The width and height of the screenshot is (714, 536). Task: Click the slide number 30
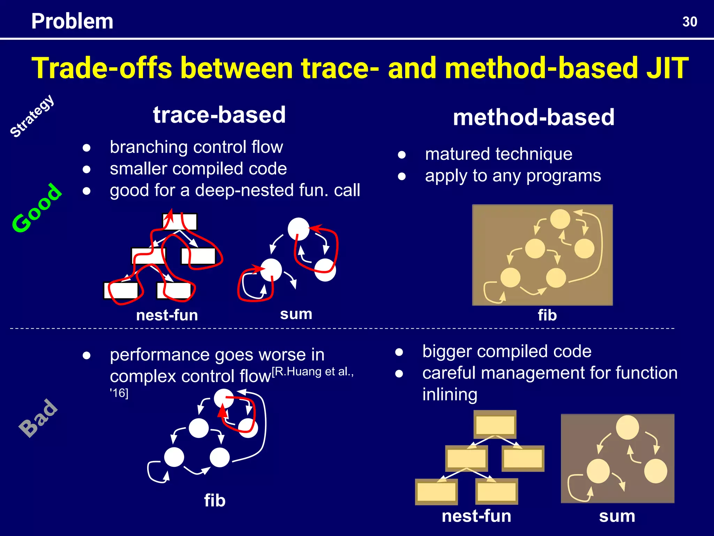690,22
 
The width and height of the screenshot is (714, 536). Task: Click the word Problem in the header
72,21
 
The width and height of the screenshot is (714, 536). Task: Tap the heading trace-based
219,115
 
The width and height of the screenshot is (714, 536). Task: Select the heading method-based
533,117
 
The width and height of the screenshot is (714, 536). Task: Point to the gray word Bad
39,418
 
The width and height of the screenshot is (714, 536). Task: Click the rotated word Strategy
32,116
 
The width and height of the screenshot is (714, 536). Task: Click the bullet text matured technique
499,154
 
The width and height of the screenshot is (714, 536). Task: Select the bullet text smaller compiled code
198,169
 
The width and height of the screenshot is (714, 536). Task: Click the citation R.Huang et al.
313,372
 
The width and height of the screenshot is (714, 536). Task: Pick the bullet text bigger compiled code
507,351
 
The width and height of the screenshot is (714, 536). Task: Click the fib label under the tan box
547,315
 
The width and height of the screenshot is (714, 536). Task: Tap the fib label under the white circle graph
215,500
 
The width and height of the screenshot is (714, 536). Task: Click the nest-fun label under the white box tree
167,315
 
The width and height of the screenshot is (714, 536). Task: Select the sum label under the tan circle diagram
617,516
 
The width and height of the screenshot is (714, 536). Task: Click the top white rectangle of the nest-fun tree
180,222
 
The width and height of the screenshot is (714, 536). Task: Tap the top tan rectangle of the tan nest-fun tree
495,425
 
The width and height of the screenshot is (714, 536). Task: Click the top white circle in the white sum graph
298,229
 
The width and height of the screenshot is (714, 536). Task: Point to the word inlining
450,395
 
